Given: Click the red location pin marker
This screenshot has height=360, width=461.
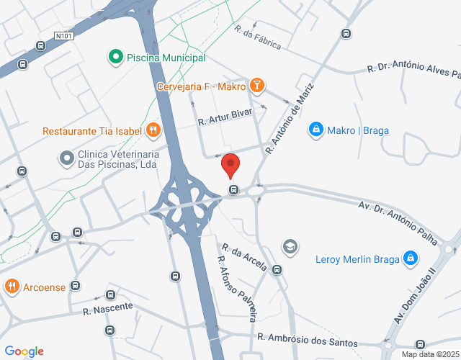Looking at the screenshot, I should [x=230, y=165].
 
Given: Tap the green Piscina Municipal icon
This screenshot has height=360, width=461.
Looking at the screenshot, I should [x=115, y=57].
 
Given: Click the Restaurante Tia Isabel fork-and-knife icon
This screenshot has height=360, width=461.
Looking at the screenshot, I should [x=153, y=130].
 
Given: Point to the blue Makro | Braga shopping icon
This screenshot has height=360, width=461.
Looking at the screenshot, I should [x=315, y=130].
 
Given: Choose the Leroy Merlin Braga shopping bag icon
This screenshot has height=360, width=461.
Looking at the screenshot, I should [x=410, y=258].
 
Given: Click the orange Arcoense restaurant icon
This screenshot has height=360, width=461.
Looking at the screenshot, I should [x=12, y=287].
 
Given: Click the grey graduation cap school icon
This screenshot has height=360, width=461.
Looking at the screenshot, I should [x=290, y=246].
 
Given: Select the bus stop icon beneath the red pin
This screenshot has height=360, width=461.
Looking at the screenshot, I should [x=233, y=190].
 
